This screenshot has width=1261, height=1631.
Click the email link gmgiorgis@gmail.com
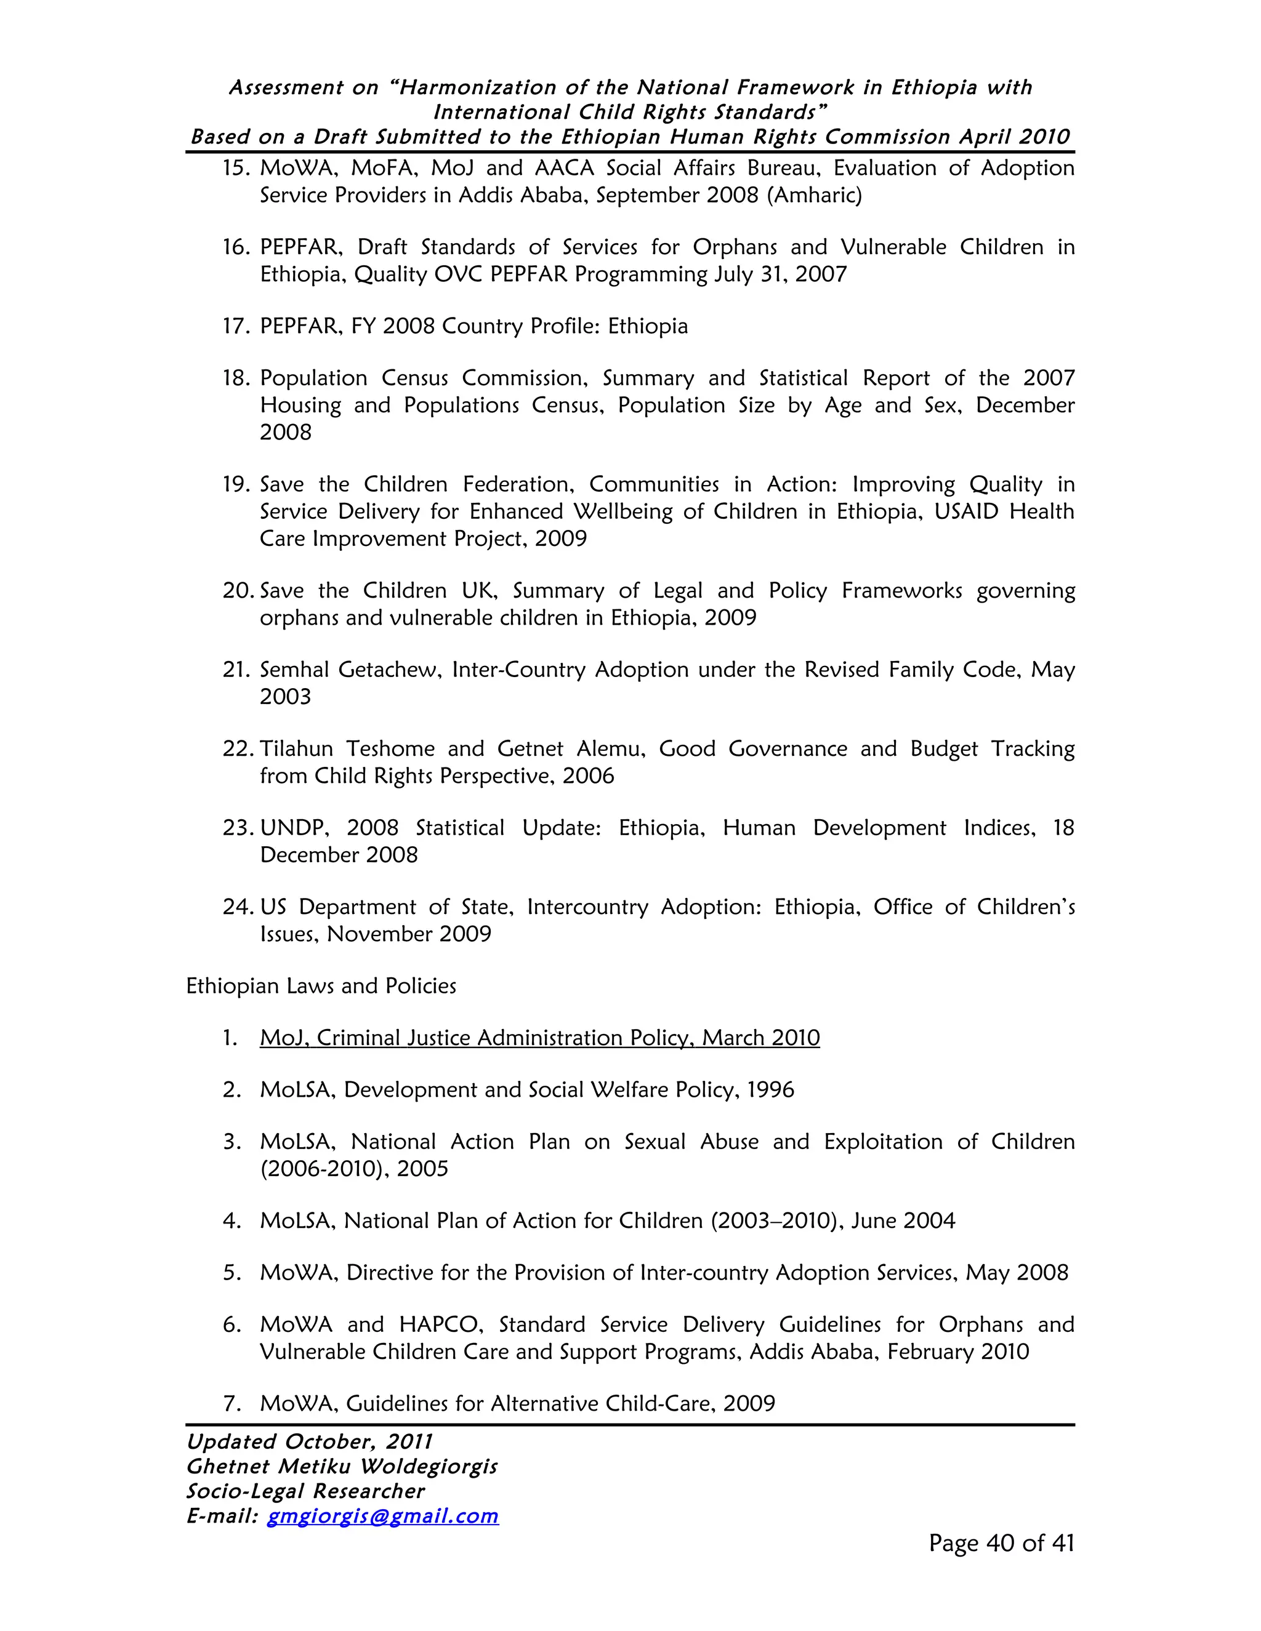coord(382,1515)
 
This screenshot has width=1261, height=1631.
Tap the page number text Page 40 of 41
coord(1001,1543)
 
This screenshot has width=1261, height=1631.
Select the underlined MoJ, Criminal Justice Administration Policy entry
coord(539,1038)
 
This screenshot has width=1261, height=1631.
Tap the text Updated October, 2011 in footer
coord(309,1442)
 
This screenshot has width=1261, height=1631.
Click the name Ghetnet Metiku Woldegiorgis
coord(341,1467)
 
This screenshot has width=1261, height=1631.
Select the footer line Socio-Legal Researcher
coord(305,1491)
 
